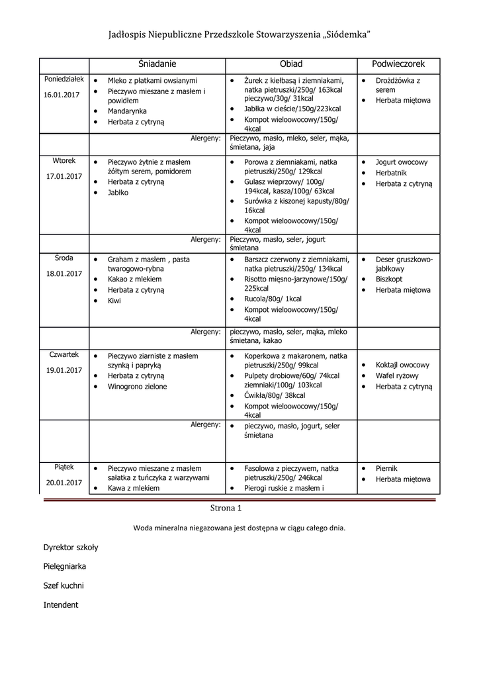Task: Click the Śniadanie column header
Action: (x=157, y=64)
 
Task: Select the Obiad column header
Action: (x=291, y=64)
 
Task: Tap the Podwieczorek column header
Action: (x=398, y=64)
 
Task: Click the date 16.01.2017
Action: (x=62, y=95)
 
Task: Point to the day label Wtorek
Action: (x=64, y=160)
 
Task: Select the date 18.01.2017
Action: (x=64, y=273)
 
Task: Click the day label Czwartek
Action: (x=64, y=354)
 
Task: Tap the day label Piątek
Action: (x=64, y=466)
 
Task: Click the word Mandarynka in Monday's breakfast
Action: (x=127, y=111)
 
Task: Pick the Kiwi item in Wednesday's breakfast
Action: (x=114, y=301)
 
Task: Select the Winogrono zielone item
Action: (x=138, y=387)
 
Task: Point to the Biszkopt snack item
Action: (x=388, y=279)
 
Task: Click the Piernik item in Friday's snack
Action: (x=386, y=467)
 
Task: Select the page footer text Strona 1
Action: (x=226, y=508)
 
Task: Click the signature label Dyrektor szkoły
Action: (x=71, y=548)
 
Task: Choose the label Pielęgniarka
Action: (x=65, y=567)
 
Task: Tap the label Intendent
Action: (x=61, y=605)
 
